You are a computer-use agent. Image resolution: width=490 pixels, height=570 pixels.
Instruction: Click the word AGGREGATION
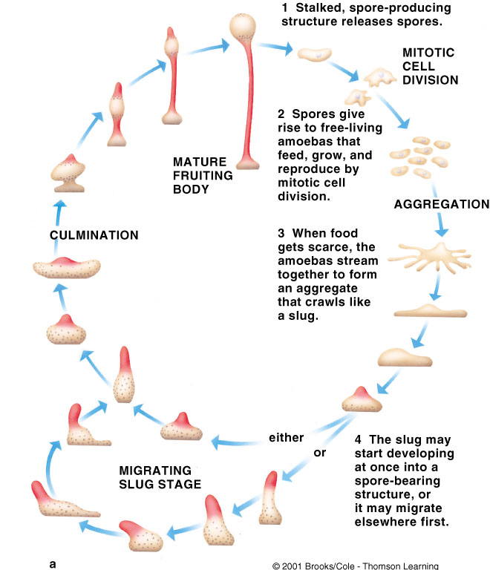click(x=441, y=205)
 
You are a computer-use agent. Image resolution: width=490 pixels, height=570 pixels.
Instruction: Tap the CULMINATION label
click(x=94, y=235)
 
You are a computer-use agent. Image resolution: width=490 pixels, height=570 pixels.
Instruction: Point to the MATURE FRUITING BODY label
click(x=202, y=174)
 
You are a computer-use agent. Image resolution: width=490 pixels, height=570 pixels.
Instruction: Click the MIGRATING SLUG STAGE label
click(x=161, y=476)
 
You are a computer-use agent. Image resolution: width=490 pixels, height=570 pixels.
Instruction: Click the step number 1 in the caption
click(x=284, y=9)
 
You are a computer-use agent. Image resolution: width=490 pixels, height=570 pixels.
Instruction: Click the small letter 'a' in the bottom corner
click(x=53, y=563)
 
